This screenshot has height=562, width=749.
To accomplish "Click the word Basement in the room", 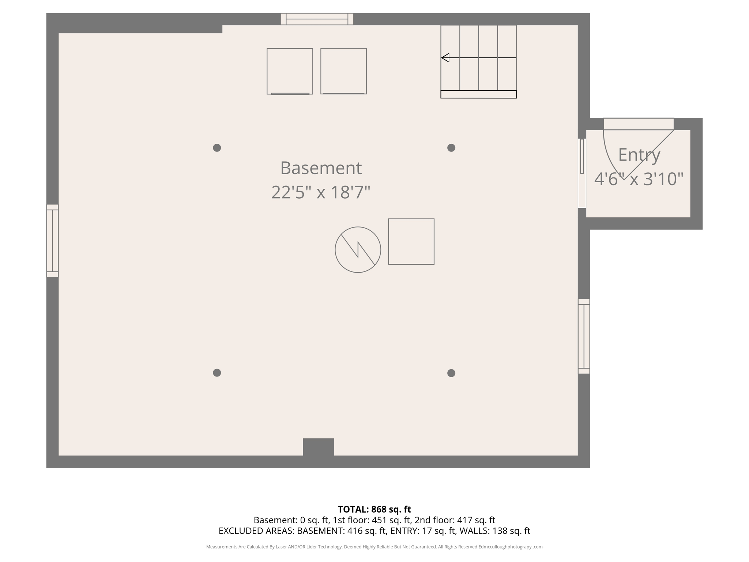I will click(x=321, y=168).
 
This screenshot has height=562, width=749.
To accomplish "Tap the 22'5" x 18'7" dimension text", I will click(x=321, y=192).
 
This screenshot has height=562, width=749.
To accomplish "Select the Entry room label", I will click(x=639, y=155).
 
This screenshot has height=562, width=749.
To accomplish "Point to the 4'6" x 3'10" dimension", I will click(x=639, y=179).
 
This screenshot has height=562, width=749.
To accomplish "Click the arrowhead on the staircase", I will click(x=445, y=58).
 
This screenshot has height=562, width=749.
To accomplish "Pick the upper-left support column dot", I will click(x=217, y=148).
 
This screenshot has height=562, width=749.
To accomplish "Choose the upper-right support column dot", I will click(x=451, y=148).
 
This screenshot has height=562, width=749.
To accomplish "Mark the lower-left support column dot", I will click(x=217, y=373).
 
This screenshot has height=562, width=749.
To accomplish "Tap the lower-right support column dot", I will click(x=451, y=373).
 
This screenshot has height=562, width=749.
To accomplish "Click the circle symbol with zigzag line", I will click(x=358, y=250).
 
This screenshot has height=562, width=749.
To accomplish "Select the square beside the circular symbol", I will click(x=411, y=242).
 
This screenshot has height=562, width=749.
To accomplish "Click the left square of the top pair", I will click(x=290, y=71).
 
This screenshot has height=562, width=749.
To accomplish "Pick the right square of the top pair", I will click(x=343, y=71).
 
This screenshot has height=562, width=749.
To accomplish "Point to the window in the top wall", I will click(x=317, y=19).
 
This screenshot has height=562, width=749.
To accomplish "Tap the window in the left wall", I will click(x=52, y=241).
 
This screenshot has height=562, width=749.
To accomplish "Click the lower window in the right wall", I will click(x=584, y=336).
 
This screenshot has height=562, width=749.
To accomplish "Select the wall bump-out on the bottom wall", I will click(x=318, y=447).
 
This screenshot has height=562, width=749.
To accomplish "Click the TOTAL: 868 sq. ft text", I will click(x=374, y=509).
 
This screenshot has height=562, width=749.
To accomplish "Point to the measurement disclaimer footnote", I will click(x=374, y=547).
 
